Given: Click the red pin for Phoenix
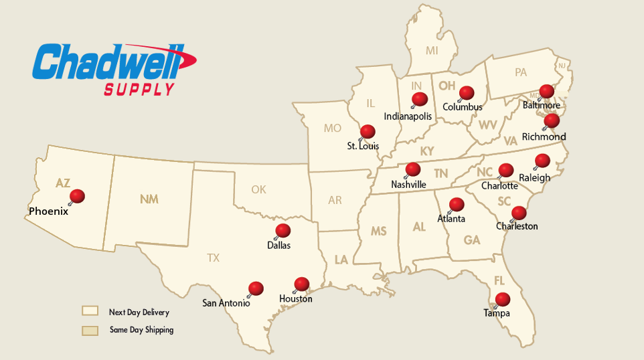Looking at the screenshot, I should click(x=78, y=196).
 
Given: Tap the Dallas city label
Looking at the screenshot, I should click(x=278, y=246).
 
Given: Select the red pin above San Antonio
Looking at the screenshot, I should click(x=256, y=288).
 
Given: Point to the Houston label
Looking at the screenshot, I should click(x=296, y=299).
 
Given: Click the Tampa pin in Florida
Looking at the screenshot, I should click(x=502, y=299).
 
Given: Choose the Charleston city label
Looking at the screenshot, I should click(x=517, y=226).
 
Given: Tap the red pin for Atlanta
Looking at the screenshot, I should click(x=457, y=204).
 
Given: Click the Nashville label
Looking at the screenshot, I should click(x=408, y=184).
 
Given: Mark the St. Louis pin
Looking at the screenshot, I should click(x=368, y=131).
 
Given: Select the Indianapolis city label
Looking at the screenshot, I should click(x=408, y=116).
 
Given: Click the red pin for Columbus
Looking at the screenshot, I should click(x=467, y=92).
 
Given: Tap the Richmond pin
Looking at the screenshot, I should click(x=552, y=120).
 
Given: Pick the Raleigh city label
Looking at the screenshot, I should click(x=535, y=178).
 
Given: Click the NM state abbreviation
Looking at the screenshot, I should click(x=149, y=199).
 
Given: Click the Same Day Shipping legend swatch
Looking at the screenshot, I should click(x=90, y=331).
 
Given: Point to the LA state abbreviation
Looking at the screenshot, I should click(x=341, y=259).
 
